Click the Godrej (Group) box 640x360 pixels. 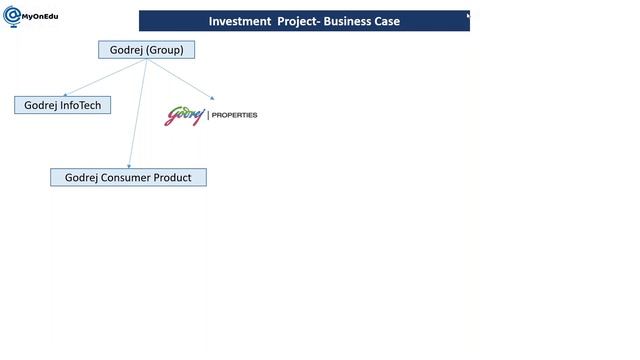point(146,49)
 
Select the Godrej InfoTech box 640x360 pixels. point(62,105)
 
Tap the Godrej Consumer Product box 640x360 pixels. point(128,177)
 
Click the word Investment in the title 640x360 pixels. point(240,21)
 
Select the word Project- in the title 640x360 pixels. point(298,21)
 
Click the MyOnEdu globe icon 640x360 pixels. point(11,15)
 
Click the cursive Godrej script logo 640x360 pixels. point(184,116)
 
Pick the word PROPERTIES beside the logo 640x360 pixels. point(234,115)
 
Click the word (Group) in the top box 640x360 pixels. point(164,49)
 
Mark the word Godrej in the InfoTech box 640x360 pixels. point(41,105)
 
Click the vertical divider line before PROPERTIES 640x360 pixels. point(207,115)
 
